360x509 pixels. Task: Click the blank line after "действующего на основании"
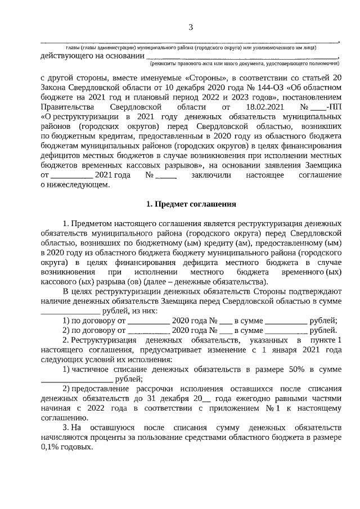[x=242, y=56]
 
